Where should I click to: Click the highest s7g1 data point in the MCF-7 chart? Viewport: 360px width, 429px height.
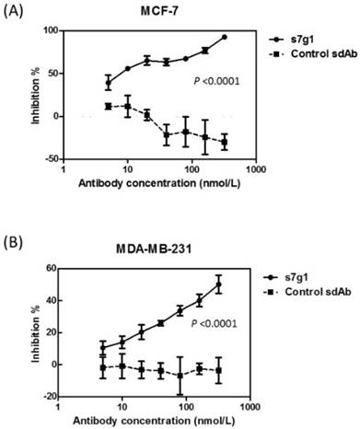(x=224, y=37)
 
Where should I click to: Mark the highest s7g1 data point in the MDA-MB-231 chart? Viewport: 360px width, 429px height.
(x=218, y=284)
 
